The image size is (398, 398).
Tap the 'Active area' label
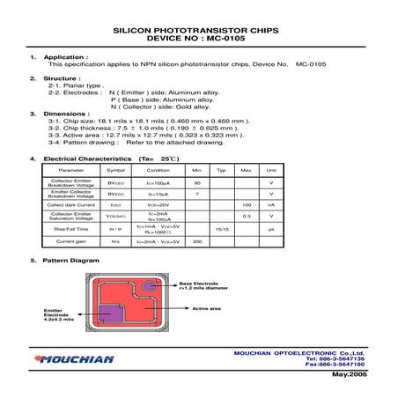[207, 309]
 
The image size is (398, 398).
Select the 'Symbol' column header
[115, 169]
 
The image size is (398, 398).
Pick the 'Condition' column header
[158, 169]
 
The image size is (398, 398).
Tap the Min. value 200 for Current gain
[197, 240]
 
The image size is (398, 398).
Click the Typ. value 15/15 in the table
[222, 228]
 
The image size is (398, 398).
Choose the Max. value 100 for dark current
[247, 204]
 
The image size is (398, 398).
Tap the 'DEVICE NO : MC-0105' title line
[199, 40]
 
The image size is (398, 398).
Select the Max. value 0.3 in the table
[247, 216]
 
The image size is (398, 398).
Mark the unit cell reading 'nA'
[271, 204]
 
